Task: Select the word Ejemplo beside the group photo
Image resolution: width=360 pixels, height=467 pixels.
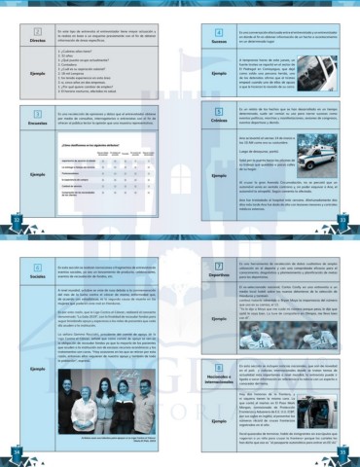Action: [x=36, y=371]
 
